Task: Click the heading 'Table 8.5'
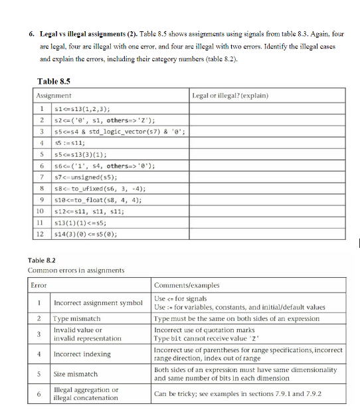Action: pyautogui.click(x=55, y=82)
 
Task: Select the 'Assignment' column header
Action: pyautogui.click(x=54, y=96)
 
